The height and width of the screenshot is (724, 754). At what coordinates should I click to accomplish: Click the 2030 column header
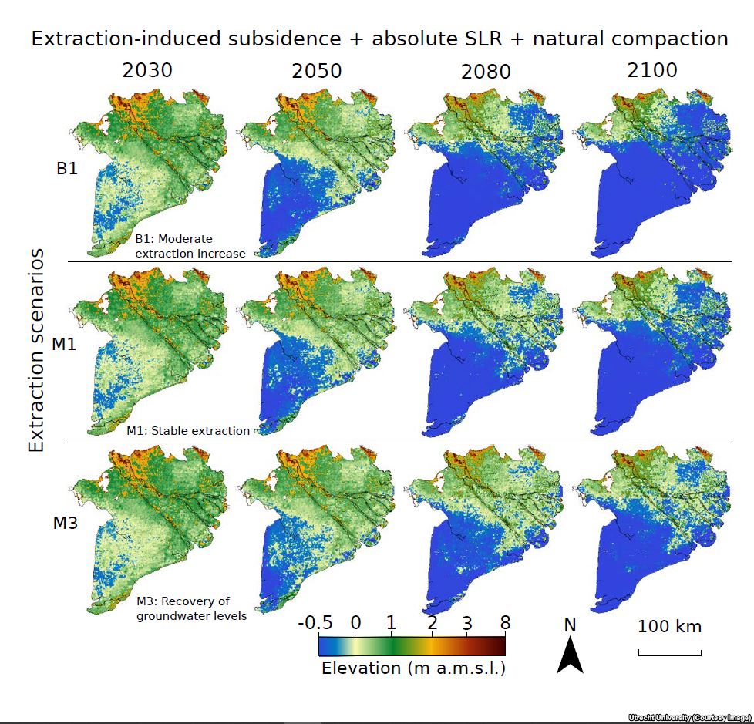pos(147,71)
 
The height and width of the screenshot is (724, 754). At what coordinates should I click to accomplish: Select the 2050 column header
pos(317,72)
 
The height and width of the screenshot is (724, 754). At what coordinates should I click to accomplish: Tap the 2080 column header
pos(486,72)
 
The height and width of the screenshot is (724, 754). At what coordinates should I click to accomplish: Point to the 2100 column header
pos(652,71)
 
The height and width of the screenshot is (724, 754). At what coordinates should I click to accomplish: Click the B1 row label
pos(67,168)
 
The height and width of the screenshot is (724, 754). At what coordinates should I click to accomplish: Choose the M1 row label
pos(64,344)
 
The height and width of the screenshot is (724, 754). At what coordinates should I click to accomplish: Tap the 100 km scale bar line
pos(669,655)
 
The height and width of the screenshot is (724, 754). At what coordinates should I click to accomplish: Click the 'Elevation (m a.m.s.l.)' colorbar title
pos(413,668)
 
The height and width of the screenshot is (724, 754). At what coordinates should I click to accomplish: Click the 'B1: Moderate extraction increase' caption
pos(190,246)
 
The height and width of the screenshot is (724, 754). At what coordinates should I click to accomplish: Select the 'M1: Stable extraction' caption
pos(188,431)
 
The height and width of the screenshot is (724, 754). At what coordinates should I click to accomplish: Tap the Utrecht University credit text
pos(689,718)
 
